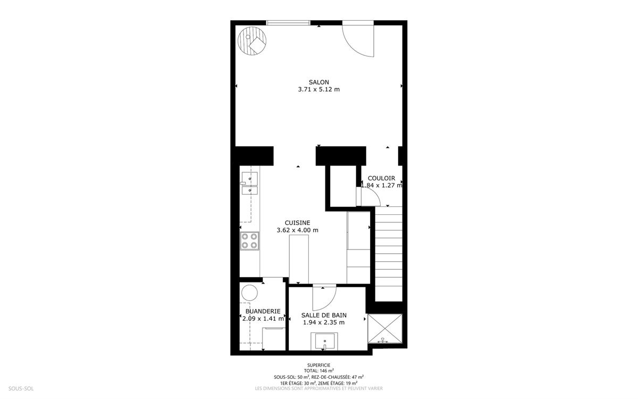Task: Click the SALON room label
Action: (x=318, y=82)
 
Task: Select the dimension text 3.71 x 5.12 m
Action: (x=318, y=89)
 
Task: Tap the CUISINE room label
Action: (x=297, y=223)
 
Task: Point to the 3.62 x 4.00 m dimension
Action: (x=297, y=230)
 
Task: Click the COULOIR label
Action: (x=381, y=178)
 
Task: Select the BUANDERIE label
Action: (x=263, y=312)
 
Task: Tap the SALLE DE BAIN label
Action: (x=324, y=315)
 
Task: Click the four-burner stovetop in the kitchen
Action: (x=249, y=241)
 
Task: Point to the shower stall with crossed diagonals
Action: (x=385, y=329)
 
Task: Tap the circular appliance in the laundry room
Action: (x=249, y=293)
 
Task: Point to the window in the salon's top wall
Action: (x=288, y=23)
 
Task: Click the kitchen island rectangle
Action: (x=299, y=259)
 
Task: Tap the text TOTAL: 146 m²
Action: (x=318, y=371)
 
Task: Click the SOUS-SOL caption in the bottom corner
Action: (x=21, y=388)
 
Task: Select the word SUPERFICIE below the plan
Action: (x=318, y=365)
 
